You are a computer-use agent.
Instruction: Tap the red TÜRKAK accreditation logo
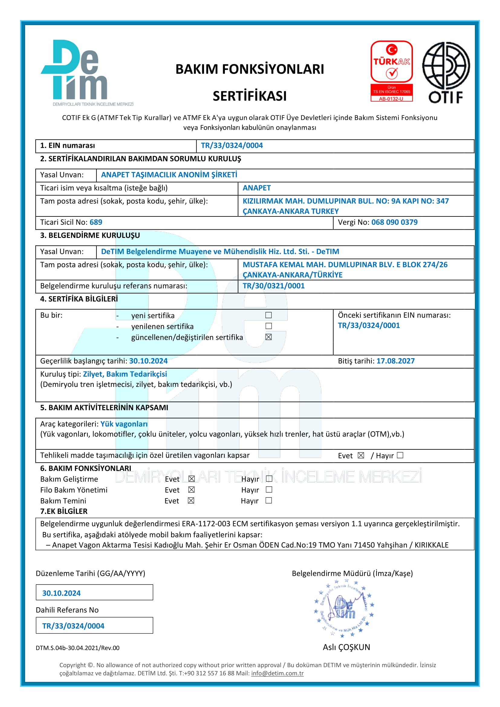coord(391,71)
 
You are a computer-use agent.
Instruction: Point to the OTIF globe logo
coord(446,72)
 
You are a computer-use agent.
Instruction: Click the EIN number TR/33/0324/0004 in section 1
coord(232,146)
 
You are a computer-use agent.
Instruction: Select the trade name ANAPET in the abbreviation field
coord(256,188)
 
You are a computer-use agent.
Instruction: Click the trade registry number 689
coord(96,222)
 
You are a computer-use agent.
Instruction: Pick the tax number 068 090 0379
coord(394,222)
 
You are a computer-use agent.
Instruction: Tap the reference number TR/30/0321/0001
coord(273,286)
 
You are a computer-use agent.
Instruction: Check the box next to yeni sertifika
coord(268,315)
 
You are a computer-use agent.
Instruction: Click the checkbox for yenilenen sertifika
coord(268,326)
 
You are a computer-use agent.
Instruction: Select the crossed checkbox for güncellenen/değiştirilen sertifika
coord(268,337)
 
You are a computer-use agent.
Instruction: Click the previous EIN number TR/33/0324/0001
coord(369,326)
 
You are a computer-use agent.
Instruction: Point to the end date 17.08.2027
coord(395,361)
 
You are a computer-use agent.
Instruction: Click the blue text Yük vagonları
coord(124,424)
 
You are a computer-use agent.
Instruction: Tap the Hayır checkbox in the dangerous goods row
coord(400,455)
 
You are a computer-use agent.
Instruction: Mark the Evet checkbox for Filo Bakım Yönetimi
coord(191,490)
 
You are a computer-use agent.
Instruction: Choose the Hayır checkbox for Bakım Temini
coord(268,500)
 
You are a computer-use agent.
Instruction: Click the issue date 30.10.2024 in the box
coord(61,593)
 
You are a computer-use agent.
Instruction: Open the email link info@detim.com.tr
coord(277,673)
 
